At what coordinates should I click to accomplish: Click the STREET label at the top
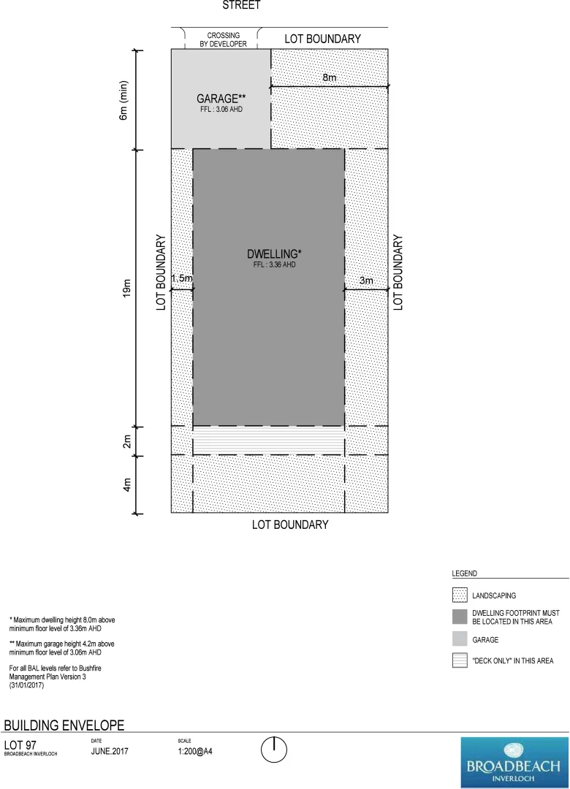click(241, 5)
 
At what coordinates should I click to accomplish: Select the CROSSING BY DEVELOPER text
click(223, 39)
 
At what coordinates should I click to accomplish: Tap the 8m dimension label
click(331, 77)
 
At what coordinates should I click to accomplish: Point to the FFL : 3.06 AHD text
click(220, 110)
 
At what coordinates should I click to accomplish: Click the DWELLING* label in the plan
click(274, 254)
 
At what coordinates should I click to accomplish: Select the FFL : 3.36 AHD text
click(274, 264)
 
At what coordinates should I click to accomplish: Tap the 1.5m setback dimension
click(182, 278)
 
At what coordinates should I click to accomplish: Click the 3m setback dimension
click(366, 281)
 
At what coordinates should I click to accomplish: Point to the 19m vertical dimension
click(126, 287)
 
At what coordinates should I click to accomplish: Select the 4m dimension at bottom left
click(126, 484)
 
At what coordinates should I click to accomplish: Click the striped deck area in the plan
click(268, 441)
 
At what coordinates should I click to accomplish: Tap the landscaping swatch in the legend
click(460, 595)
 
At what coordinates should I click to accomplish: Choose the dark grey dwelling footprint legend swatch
click(460, 617)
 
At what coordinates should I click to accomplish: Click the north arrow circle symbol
click(274, 750)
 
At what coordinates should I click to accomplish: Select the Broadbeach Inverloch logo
click(514, 762)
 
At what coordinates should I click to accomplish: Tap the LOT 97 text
click(20, 744)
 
